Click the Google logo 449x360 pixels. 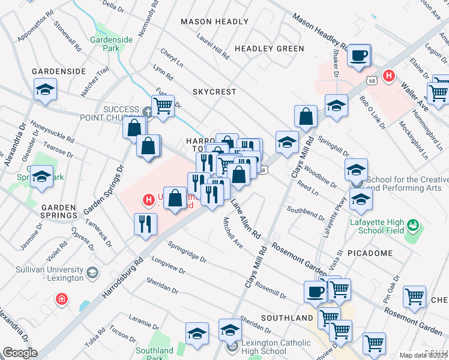point(19,353)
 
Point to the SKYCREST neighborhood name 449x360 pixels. point(214,92)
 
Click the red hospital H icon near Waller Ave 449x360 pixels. point(389,76)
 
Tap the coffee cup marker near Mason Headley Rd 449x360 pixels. point(359,55)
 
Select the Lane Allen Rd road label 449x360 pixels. point(246,219)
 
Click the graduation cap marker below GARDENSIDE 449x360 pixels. point(45,90)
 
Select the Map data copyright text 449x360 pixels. point(424,355)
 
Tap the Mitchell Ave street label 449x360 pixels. point(233,233)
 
